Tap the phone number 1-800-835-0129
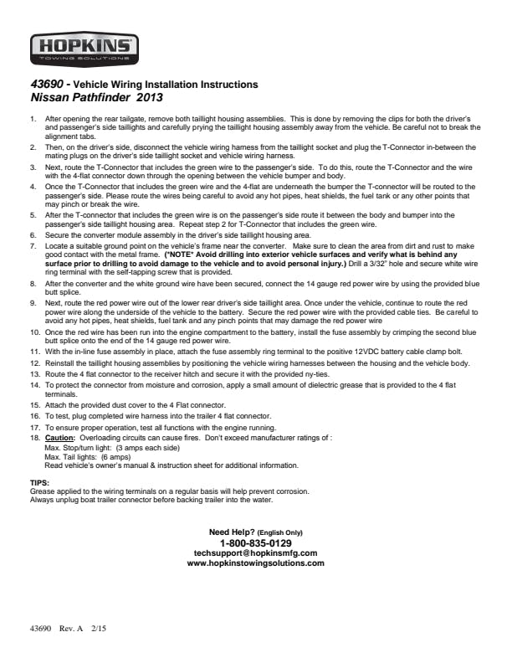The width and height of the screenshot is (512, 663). click(x=255, y=543)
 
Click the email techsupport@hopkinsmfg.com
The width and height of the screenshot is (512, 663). click(x=255, y=553)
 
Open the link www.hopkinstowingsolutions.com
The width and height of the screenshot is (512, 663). click(x=255, y=563)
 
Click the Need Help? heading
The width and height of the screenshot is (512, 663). click(x=231, y=532)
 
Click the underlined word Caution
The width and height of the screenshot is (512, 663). click(x=59, y=437)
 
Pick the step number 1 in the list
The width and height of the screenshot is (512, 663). click(x=33, y=120)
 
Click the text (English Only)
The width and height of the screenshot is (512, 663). click(x=279, y=533)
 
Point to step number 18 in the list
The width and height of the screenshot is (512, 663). click(x=34, y=437)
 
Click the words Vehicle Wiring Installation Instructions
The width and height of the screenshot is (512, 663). click(x=166, y=85)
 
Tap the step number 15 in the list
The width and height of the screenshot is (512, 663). click(x=34, y=404)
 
